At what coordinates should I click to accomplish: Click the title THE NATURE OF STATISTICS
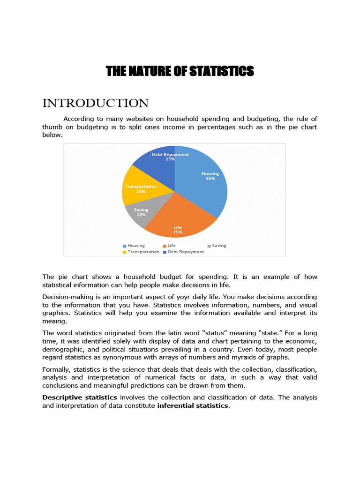(180, 71)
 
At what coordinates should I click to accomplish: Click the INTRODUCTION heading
(96, 103)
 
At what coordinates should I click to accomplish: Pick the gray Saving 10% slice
(141, 213)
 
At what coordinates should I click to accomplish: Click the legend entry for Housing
(135, 245)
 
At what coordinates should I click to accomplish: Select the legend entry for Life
(171, 245)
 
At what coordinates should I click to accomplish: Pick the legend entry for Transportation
(143, 252)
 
